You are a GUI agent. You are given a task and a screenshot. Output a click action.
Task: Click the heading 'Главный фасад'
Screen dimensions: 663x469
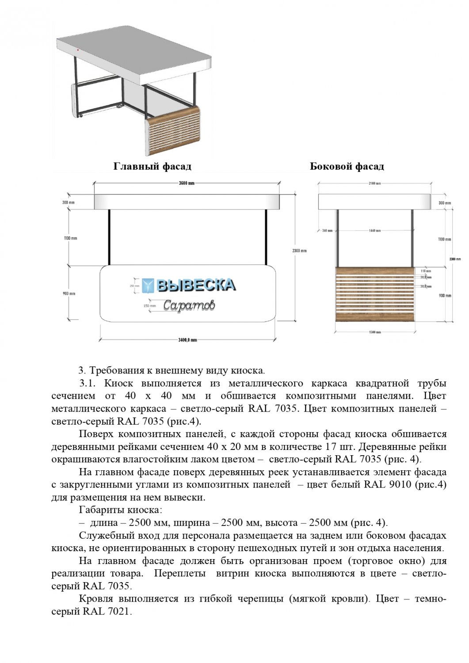point(152,167)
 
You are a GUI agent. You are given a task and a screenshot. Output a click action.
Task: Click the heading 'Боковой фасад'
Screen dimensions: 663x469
point(347,167)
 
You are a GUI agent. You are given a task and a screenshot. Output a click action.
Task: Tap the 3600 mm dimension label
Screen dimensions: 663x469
point(187,183)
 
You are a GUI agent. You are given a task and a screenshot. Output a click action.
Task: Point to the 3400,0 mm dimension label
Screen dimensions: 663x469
point(187,340)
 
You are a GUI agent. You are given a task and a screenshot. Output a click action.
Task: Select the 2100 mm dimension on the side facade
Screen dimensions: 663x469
point(375,183)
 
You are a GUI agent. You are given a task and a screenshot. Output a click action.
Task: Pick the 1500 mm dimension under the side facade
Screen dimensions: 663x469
point(375,332)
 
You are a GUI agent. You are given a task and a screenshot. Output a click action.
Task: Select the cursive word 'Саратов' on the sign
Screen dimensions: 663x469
point(189,305)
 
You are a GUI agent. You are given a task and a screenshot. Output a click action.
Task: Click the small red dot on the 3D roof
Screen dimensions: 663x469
point(77,51)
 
